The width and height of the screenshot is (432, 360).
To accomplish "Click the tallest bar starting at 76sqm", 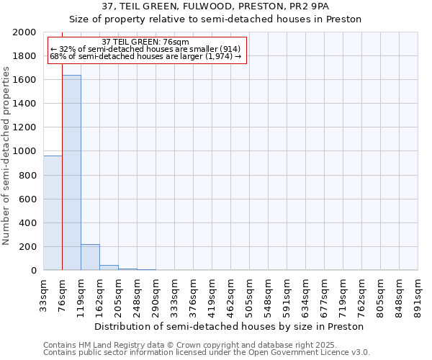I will pos(71,173).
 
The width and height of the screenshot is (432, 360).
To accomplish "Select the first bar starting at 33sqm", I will pos(53,213).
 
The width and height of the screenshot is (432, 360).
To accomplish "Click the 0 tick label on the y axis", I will pos(34,271).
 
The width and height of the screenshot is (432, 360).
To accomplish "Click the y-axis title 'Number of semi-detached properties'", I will pos(7,156).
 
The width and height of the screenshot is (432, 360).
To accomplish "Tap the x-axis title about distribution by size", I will pos(229,326).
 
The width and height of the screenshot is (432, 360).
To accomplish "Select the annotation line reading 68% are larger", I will pos(145,56).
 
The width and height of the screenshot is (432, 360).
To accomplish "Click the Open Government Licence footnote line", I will pos(207,353).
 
